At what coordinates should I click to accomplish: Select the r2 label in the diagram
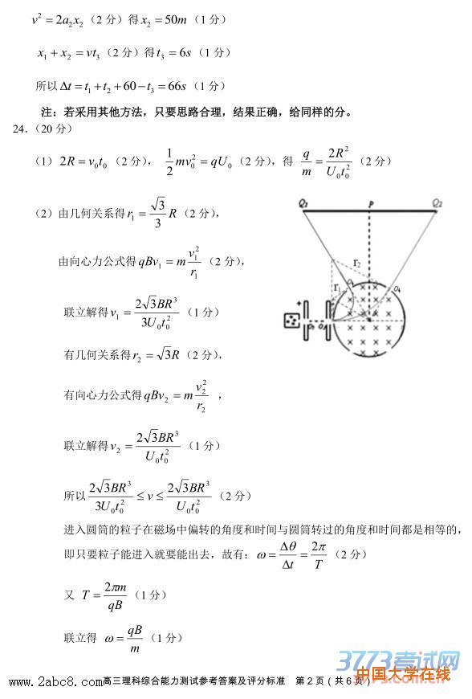tap(357, 264)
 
